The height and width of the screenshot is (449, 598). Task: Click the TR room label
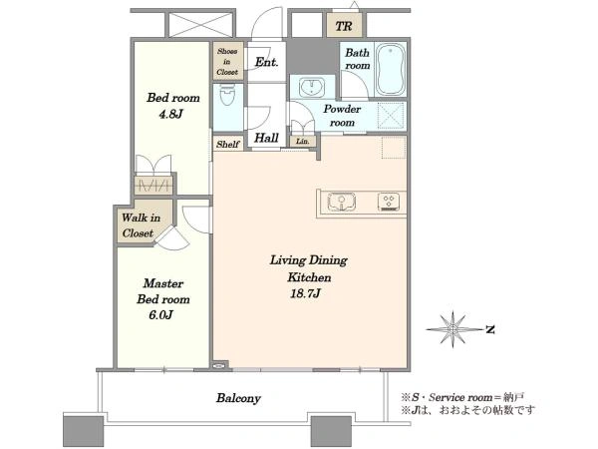pyautogui.click(x=344, y=26)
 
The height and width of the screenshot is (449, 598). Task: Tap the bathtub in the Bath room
pyautogui.click(x=390, y=70)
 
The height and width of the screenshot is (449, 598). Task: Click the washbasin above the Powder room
pyautogui.click(x=312, y=88)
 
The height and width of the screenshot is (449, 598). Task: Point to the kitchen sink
pyautogui.click(x=342, y=202)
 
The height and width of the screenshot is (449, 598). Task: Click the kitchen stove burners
pyautogui.click(x=389, y=202)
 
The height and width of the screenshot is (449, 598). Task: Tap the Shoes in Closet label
pyautogui.click(x=227, y=62)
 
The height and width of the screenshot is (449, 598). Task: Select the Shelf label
pyautogui.click(x=227, y=145)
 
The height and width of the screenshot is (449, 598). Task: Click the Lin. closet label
pyautogui.click(x=303, y=142)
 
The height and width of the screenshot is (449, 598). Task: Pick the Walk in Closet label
pyautogui.click(x=141, y=225)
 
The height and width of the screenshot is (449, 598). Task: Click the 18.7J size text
pyautogui.click(x=305, y=293)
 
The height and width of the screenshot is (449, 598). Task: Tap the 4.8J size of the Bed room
pyautogui.click(x=171, y=114)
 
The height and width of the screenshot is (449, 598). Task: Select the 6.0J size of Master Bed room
pyautogui.click(x=160, y=315)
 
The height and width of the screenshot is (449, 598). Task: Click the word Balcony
pyautogui.click(x=238, y=398)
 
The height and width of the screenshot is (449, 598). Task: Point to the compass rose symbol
pyautogui.click(x=453, y=329)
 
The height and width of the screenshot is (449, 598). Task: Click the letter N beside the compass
pyautogui.click(x=490, y=329)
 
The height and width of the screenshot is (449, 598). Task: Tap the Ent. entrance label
pyautogui.click(x=266, y=62)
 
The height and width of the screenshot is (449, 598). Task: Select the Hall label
pyautogui.click(x=266, y=138)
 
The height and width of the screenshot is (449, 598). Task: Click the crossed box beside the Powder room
pyautogui.click(x=392, y=116)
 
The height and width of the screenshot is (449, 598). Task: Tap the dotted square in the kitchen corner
pyautogui.click(x=394, y=148)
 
